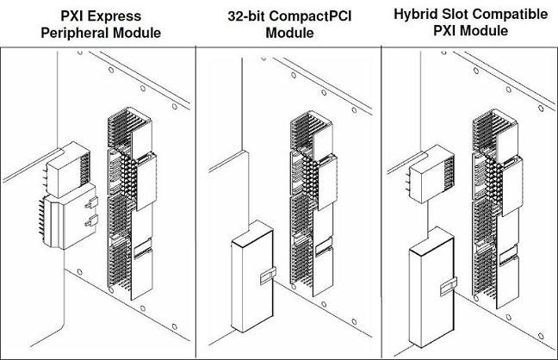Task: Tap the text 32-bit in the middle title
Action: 250,16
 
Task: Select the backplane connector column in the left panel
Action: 128,202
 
